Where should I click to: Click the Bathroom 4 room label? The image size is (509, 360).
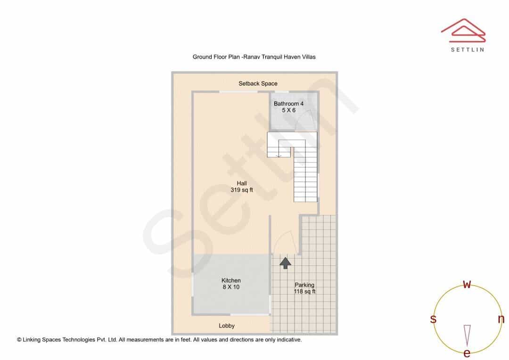pos(288,104)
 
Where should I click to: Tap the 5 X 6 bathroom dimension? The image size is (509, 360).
pos(288,110)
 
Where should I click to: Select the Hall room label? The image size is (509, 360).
pos(241,183)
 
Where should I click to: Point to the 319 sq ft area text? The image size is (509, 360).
pos(241,190)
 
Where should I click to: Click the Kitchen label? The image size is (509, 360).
pos(231,280)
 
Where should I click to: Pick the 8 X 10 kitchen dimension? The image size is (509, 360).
pos(231,287)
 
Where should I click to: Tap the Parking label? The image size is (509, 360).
pos(304,285)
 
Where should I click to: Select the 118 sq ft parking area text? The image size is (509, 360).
pos(304,292)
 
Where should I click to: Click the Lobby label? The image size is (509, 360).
pos(227,326)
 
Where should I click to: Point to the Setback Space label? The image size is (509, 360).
pos(258,83)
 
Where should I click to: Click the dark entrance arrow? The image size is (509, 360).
pos(285,263)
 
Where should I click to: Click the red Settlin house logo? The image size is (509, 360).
pos(463,30)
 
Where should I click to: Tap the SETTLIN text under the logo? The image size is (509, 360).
pos(468,49)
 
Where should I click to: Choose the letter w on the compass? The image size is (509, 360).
pos(467,284)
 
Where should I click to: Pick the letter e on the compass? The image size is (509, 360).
pos(467,352)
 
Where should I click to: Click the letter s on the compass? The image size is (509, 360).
pos(433,319)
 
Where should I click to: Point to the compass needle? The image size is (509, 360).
pos(467,335)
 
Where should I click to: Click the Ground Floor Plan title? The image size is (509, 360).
pos(254,57)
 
